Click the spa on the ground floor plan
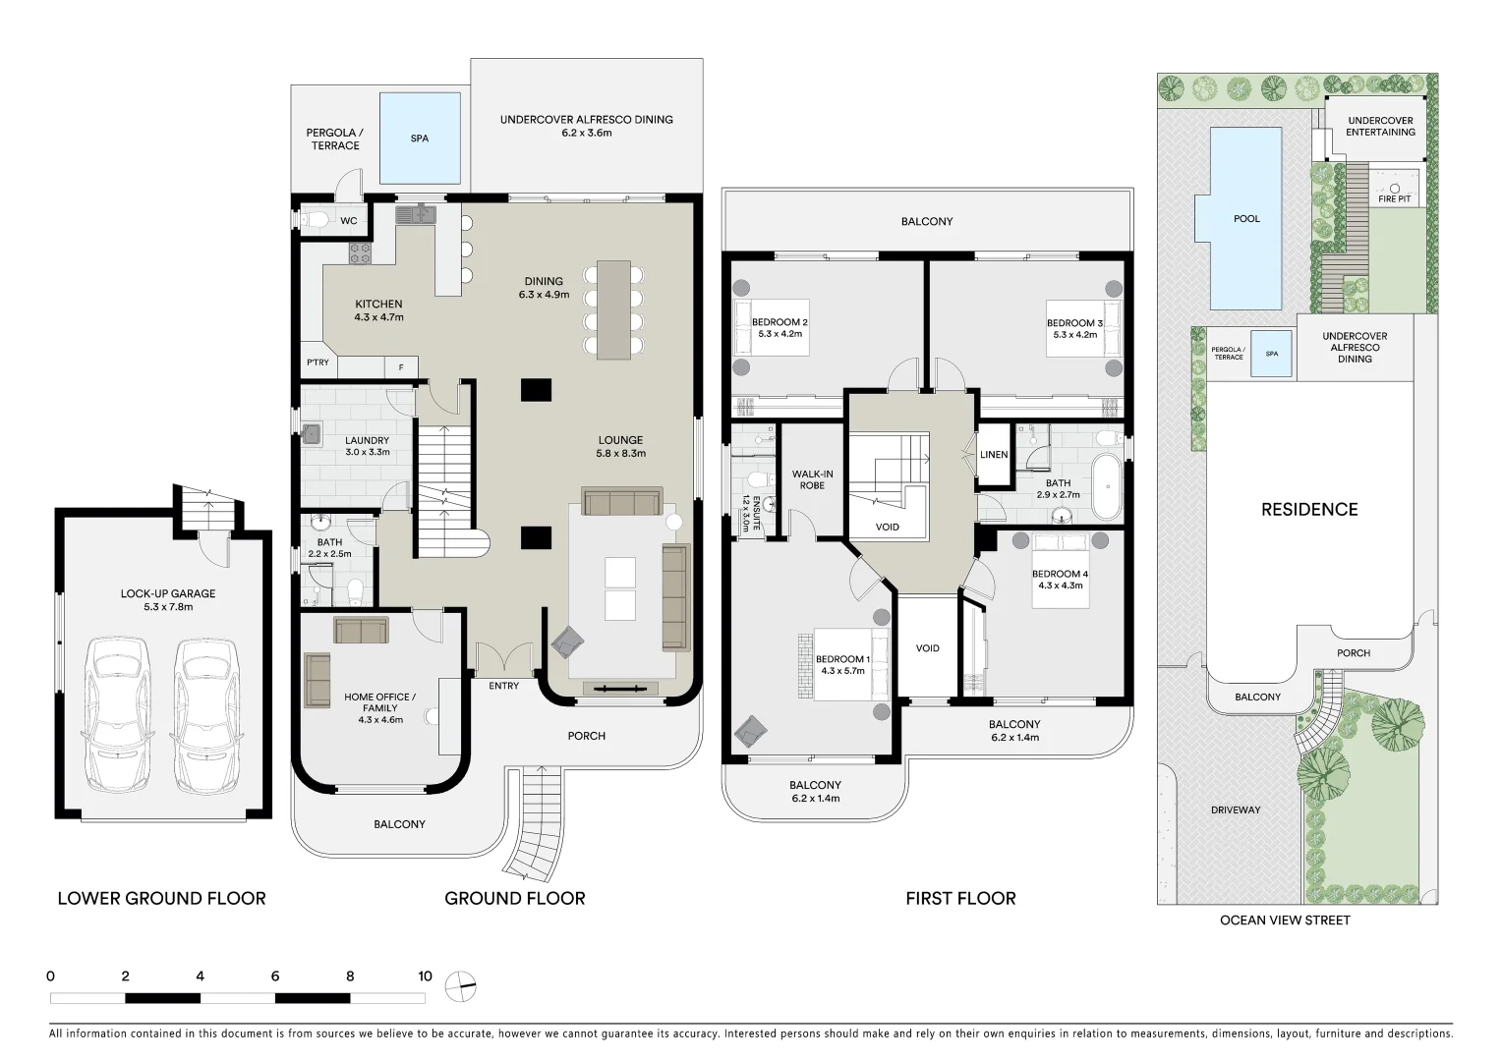tap(420, 139)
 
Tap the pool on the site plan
tap(1246, 218)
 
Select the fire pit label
tap(1394, 198)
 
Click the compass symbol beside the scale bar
tap(460, 984)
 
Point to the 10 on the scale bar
tap(425, 977)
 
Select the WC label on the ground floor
tap(349, 221)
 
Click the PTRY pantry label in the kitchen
tap(318, 363)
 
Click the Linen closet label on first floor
tap(994, 455)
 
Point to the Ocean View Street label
tap(1285, 921)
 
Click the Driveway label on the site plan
tap(1236, 810)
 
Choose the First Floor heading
tap(960, 898)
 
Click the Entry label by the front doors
tap(503, 686)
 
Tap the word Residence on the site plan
tap(1309, 509)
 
